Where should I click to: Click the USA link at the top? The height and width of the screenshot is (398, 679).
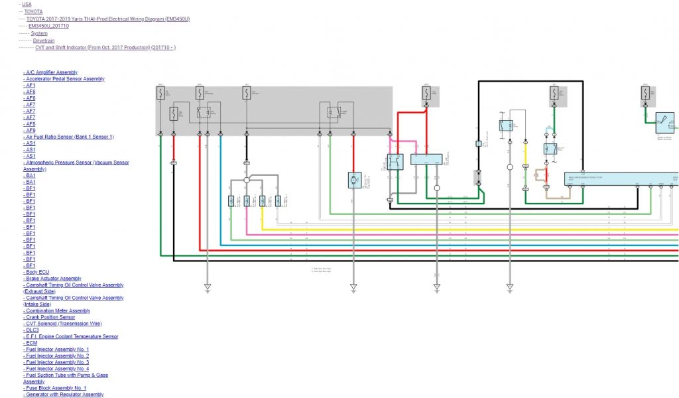pos(27,4)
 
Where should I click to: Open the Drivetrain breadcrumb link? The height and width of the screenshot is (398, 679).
pos(42,40)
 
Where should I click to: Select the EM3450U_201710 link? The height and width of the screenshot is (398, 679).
pos(49,26)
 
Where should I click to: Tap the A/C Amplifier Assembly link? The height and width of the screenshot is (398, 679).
pos(51,72)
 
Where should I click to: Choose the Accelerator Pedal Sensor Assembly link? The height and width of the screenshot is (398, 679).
pos(65,79)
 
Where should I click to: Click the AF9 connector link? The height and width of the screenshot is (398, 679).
pos(31,130)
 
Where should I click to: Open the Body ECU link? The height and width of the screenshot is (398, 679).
pos(37,272)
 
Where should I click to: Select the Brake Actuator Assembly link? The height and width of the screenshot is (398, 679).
pos(53,279)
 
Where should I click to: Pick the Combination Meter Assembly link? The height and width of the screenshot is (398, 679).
pos(58,310)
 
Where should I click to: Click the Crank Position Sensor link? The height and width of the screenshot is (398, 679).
pos(50,317)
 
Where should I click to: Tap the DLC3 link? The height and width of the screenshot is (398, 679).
pos(32,330)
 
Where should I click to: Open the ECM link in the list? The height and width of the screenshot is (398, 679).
pos(31,343)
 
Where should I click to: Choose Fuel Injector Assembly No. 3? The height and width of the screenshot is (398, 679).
pos(57,362)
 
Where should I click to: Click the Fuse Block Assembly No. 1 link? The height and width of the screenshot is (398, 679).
pos(56,388)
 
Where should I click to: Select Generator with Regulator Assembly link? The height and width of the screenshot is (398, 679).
pos(64,395)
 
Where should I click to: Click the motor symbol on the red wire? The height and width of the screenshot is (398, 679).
pos(353,180)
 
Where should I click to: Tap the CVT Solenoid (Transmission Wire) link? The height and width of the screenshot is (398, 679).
pos(64,324)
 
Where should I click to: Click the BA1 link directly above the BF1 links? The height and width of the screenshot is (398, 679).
pos(31,182)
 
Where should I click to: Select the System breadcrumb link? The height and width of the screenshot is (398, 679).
pos(39,33)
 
